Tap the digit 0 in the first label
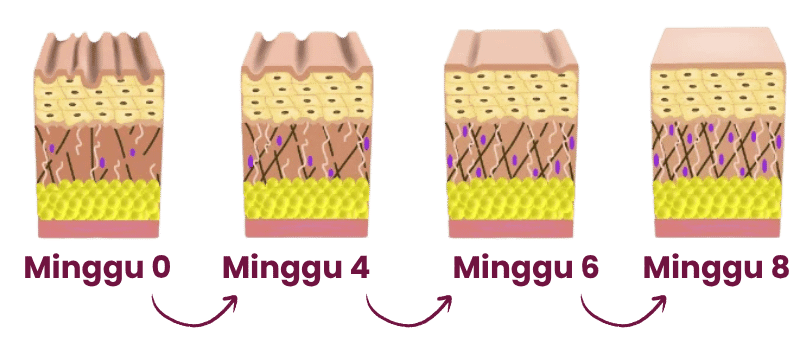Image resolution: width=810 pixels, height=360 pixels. [x=160, y=268]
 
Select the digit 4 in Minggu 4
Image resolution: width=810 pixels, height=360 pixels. [x=359, y=268]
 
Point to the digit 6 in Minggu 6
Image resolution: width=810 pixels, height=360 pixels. [x=588, y=268]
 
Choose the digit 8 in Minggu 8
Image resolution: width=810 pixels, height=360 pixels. [x=779, y=268]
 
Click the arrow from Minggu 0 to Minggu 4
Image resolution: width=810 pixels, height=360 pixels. [x=192, y=324]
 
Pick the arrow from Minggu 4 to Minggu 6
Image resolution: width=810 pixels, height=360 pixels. [x=407, y=324]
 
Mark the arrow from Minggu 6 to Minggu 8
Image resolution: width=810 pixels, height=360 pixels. [x=621, y=324]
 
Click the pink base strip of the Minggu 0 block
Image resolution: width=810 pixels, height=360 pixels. [x=98, y=228]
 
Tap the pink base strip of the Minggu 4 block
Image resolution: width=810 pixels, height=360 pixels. [x=306, y=228]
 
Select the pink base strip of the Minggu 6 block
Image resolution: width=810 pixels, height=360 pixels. [x=510, y=228]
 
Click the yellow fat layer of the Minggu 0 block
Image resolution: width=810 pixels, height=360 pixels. [x=98, y=200]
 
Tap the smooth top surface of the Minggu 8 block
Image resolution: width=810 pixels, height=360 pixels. [x=718, y=46]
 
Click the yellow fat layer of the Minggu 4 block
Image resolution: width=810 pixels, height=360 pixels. [x=306, y=199]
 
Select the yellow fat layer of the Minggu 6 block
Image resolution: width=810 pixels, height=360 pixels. [x=510, y=199]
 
